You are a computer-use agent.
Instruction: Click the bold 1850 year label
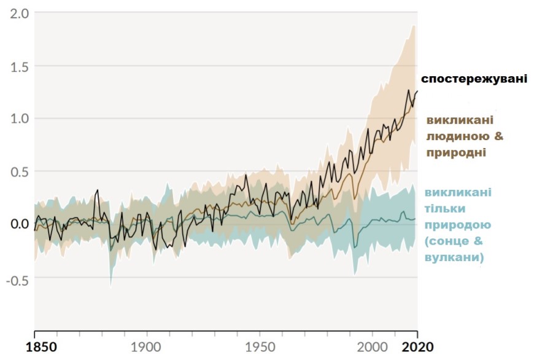(x=34, y=346)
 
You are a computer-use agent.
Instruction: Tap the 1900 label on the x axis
(x=146, y=346)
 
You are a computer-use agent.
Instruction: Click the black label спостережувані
(x=473, y=79)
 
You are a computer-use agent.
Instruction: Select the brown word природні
(x=456, y=152)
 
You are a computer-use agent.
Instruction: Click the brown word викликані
(x=460, y=119)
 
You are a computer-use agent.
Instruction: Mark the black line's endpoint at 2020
(x=417, y=91)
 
